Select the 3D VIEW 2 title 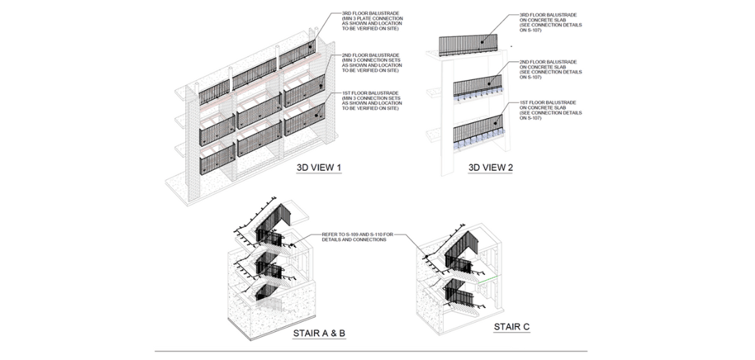click(491, 168)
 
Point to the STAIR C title click(511, 327)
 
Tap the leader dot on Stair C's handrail click(426, 256)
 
